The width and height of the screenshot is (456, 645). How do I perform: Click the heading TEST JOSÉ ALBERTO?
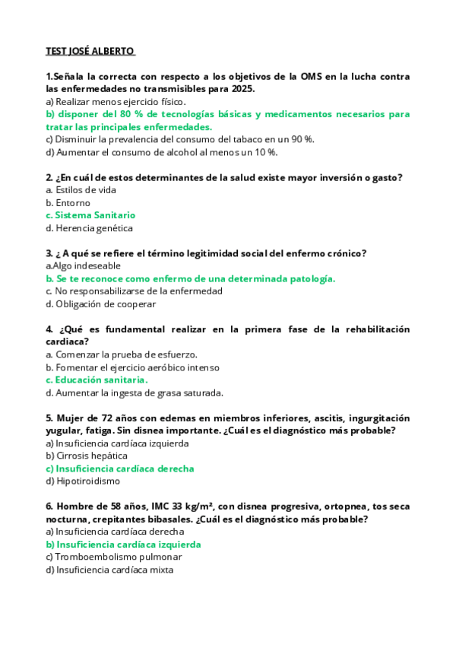click(x=90, y=51)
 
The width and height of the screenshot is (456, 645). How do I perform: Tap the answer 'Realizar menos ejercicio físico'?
click(x=116, y=101)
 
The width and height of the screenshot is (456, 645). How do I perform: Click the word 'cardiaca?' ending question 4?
click(x=67, y=342)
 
